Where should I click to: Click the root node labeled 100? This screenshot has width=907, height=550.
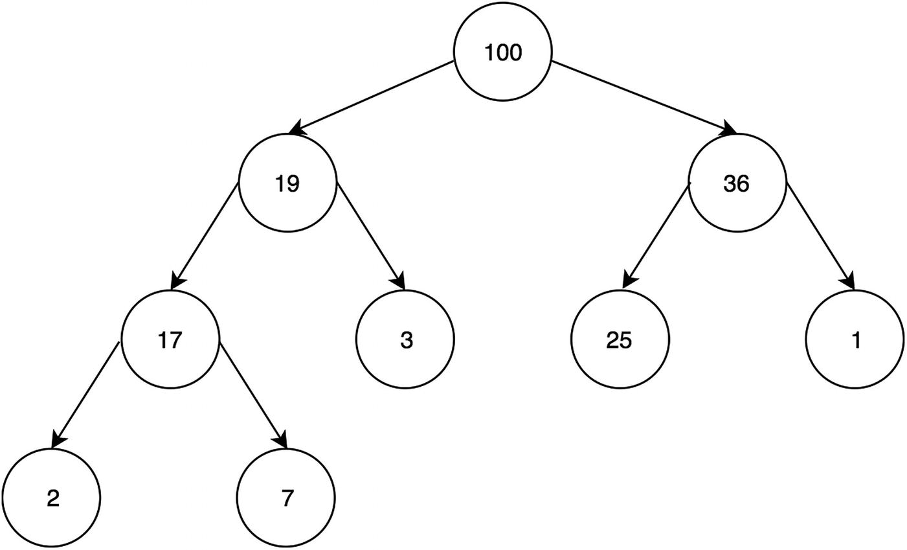(502, 52)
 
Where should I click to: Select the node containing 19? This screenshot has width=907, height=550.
(287, 183)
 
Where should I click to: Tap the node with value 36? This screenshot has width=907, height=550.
(737, 183)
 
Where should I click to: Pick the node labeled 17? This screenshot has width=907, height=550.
(170, 339)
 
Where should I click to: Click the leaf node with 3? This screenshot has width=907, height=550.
(405, 339)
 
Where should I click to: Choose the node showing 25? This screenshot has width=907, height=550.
(620, 339)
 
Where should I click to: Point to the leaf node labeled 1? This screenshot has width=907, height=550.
(855, 339)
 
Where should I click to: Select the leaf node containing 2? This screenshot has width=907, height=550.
(52, 498)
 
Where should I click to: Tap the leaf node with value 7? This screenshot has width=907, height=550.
(287, 498)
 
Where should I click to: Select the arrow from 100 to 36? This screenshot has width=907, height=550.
(644, 97)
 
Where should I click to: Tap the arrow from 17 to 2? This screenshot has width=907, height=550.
(86, 393)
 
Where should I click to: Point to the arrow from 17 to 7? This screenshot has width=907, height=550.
(252, 393)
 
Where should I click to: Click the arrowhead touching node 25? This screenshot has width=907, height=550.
(627, 282)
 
